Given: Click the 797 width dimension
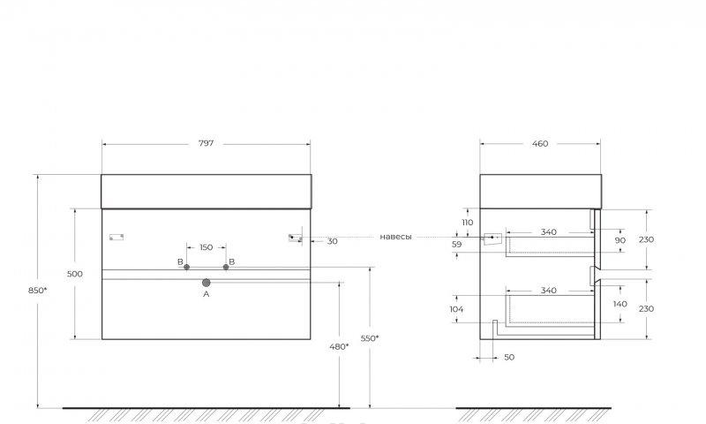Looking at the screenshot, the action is coord(206,143).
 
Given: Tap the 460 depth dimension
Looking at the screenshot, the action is coord(540,143).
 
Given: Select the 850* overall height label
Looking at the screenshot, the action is coord(37,291).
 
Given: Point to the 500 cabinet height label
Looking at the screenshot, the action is coord(75,274).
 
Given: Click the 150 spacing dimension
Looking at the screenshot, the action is coord(206,247).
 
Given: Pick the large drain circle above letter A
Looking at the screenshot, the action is coord(207,283).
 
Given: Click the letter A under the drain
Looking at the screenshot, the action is coord(207,294).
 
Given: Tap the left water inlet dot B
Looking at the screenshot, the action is coord(187,267).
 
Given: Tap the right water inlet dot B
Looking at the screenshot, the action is coord(226,267).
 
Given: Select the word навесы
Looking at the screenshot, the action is coord(395,237).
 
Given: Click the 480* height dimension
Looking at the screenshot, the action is coord(339,346).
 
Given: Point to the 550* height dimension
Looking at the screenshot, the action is coord(370,338).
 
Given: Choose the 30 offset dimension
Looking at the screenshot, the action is coord(333,241).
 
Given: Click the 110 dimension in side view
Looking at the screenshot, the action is coord(468,222).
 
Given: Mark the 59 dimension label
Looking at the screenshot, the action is coord(456,244).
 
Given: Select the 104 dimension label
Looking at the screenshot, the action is coord(456,309).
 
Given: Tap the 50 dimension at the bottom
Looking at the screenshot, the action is coord(509,357).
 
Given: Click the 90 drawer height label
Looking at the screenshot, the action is coord(620,240).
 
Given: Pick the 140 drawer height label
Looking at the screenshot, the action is coord(620,304).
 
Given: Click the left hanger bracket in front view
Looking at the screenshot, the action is coord(116,237).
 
